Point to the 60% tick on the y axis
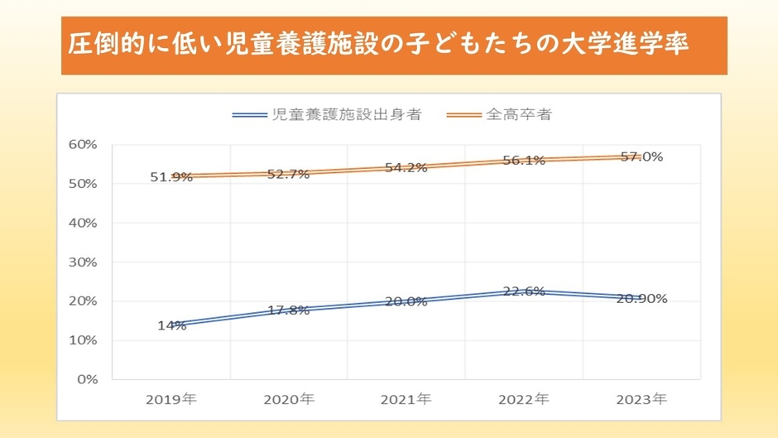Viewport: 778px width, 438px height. point(83,144)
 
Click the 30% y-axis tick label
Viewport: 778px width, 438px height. point(83,262)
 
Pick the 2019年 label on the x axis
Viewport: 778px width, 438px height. point(171,399)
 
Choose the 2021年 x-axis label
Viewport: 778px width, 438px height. point(406,399)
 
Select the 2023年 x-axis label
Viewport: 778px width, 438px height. point(641,399)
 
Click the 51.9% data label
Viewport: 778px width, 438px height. point(171,176)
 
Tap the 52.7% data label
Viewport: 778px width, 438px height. point(288,174)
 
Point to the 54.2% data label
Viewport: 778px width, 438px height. point(406,167)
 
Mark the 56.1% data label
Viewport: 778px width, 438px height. point(523,161)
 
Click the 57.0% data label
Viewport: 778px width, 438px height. point(641,156)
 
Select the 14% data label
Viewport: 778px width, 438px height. point(171,325)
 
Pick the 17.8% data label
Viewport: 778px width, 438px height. point(288,310)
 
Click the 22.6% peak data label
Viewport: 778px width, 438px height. point(523,291)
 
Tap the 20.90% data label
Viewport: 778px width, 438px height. point(641,298)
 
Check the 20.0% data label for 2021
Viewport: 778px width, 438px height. point(406,301)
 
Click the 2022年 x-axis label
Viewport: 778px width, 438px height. point(523,399)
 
